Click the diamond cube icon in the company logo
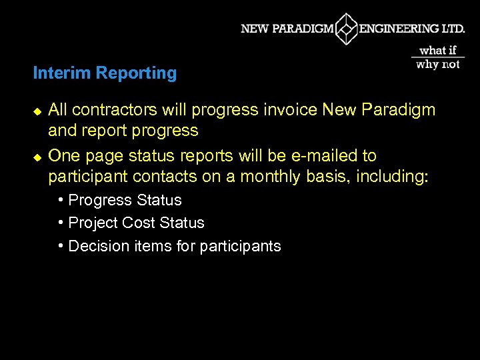click(347, 29)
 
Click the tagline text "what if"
click(438, 50)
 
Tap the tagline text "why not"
click(438, 65)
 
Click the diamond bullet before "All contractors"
click(37, 110)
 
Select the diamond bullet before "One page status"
click(37, 157)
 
